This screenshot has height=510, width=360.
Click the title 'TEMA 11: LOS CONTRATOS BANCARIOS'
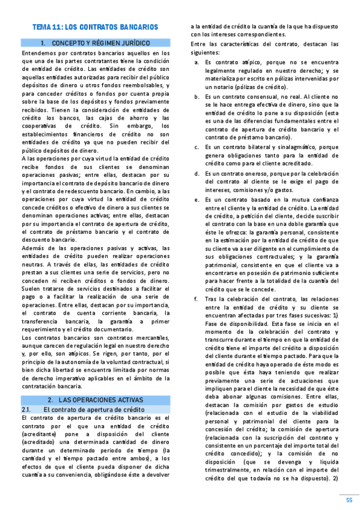(x=95, y=28)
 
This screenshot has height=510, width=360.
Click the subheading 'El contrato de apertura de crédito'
(x=95, y=409)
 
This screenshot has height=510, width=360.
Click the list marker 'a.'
(x=197, y=62)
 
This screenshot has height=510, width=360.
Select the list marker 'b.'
(x=197, y=96)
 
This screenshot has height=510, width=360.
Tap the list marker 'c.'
(x=197, y=147)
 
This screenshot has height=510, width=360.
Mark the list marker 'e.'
(x=197, y=199)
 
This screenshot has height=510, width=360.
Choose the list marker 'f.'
(x=196, y=299)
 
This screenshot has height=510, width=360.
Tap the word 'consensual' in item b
(x=245, y=96)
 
